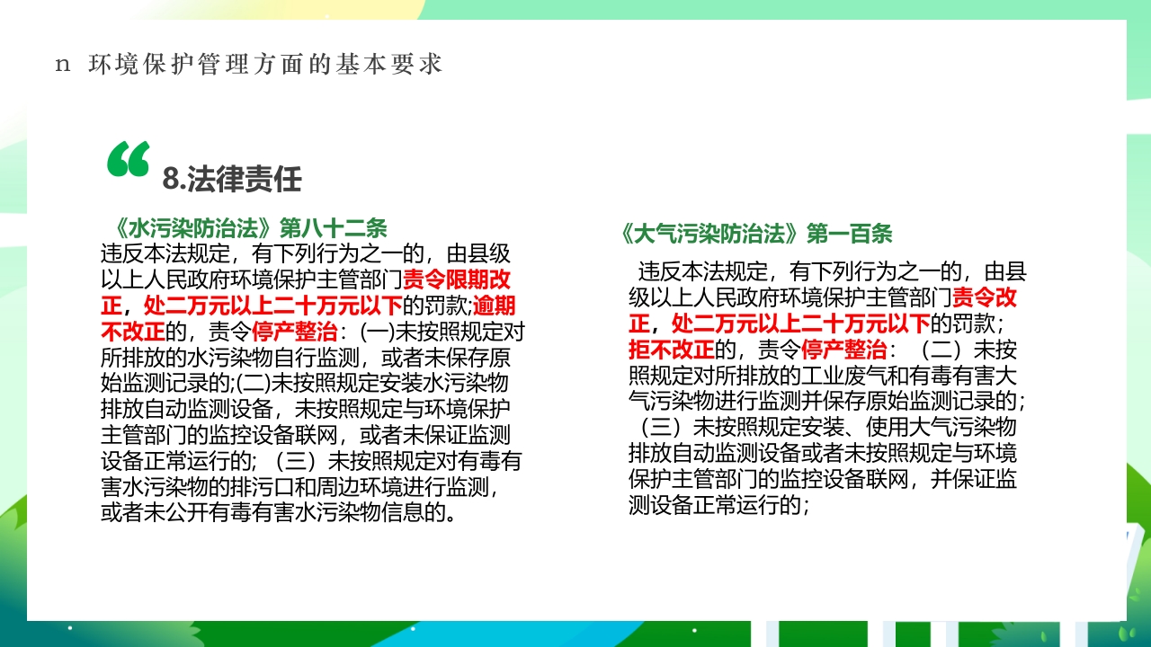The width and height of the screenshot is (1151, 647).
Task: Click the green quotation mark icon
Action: click(x=129, y=159)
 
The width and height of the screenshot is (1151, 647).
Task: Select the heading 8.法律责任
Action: click(x=232, y=180)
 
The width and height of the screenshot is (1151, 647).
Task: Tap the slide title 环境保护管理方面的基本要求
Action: click(x=266, y=65)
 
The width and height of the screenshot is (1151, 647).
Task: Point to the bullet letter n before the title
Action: click(x=62, y=65)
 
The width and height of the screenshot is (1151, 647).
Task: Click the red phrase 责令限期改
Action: click(x=457, y=278)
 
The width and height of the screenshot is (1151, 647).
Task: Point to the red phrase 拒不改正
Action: click(x=671, y=348)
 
